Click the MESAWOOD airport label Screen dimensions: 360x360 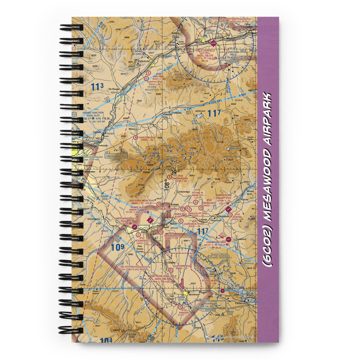coord(180,178)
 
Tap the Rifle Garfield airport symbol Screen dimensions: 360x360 coord(214,44)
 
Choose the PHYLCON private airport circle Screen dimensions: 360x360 coord(135,137)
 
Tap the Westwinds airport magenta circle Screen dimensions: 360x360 coord(134,227)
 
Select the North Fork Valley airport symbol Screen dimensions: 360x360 coord(228,209)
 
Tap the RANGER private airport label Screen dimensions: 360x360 coord(184,312)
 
